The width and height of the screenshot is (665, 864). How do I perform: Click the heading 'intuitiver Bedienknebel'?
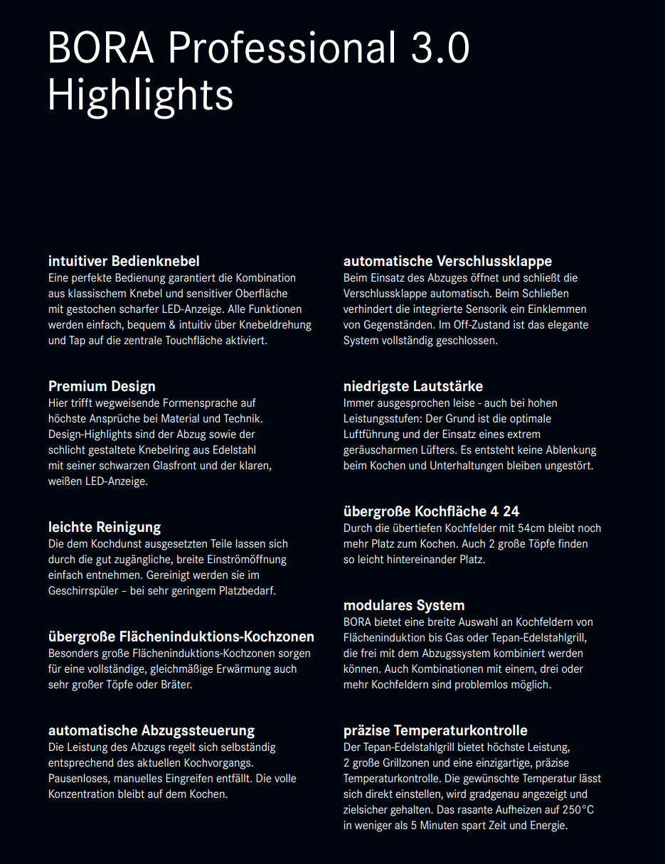tap(124, 261)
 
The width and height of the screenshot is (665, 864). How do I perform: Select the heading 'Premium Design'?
tap(102, 386)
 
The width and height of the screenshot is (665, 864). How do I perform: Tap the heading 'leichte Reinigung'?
tap(105, 527)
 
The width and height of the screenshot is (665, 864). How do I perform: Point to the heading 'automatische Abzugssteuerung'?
tap(151, 730)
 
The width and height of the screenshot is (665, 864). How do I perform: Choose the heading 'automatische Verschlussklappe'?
tap(447, 261)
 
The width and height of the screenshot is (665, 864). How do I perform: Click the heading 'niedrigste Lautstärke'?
tap(413, 386)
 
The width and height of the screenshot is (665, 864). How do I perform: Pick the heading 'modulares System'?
tap(404, 605)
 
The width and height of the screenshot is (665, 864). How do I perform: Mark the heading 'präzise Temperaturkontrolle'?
tap(435, 730)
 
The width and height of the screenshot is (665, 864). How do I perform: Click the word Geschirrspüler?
tap(84, 591)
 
